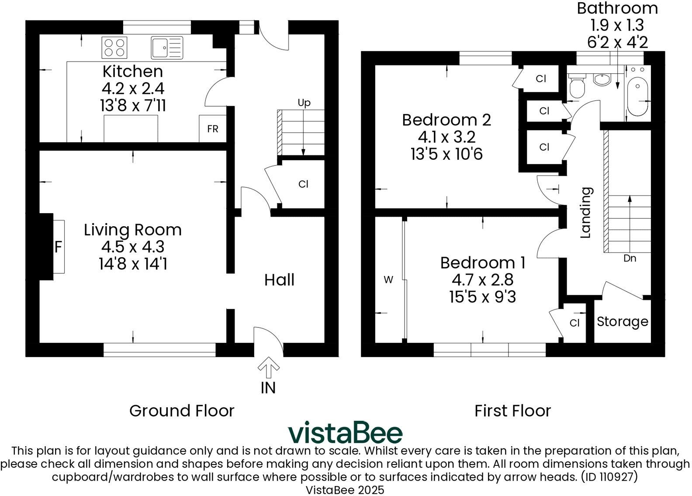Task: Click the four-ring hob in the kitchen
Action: point(115,48)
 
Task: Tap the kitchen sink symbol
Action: point(166,48)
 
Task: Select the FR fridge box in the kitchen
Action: point(212,129)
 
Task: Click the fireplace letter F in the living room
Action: point(58,247)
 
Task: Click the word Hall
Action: point(279,280)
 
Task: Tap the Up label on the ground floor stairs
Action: point(304,103)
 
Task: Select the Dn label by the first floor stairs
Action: point(630,258)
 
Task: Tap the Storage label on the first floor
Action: point(622,322)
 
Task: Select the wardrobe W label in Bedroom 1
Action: point(388,280)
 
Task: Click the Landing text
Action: point(585,213)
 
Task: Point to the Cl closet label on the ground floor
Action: point(303,184)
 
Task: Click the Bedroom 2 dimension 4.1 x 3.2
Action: point(446,137)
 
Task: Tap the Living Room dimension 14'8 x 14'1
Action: point(132,264)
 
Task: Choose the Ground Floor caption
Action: point(182,411)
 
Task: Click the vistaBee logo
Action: point(345,433)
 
